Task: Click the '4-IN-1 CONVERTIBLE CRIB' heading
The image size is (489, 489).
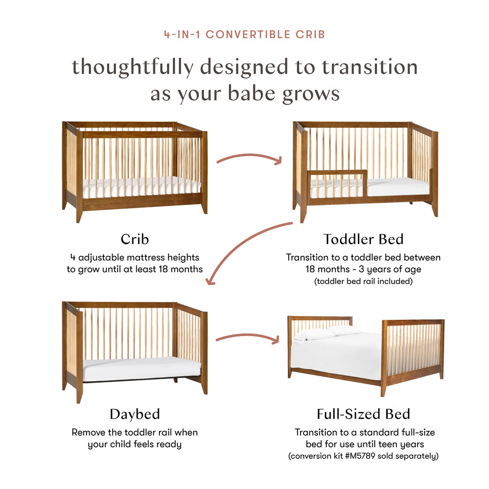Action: click(244, 35)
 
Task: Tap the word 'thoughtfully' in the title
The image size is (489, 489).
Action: click(132, 67)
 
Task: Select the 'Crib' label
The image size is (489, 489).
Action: click(134, 239)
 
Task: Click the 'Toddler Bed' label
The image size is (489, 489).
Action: click(363, 239)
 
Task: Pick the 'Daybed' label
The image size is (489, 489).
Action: click(134, 414)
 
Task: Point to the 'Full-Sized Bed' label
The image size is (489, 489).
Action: click(363, 414)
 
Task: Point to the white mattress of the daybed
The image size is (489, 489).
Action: click(141, 368)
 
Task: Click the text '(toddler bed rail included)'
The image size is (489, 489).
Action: click(363, 282)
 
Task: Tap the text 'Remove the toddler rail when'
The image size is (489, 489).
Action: click(134, 432)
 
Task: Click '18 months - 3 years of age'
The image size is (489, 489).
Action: click(363, 269)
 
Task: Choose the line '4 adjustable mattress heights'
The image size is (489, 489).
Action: click(134, 257)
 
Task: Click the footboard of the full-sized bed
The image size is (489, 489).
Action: click(413, 350)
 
